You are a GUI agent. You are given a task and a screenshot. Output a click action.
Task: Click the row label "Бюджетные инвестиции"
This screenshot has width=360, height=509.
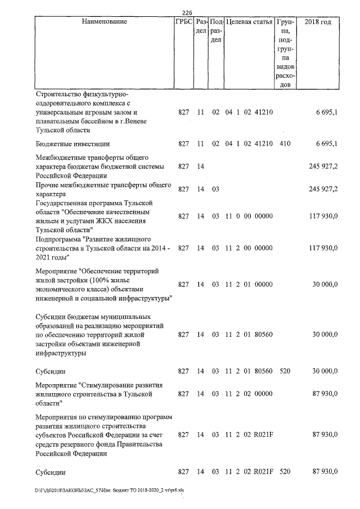tap(72, 144)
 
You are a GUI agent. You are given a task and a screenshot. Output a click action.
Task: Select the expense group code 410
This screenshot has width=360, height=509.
tap(285, 144)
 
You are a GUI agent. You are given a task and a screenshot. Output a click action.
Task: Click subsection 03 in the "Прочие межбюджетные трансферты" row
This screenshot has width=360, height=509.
tap(215, 190)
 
